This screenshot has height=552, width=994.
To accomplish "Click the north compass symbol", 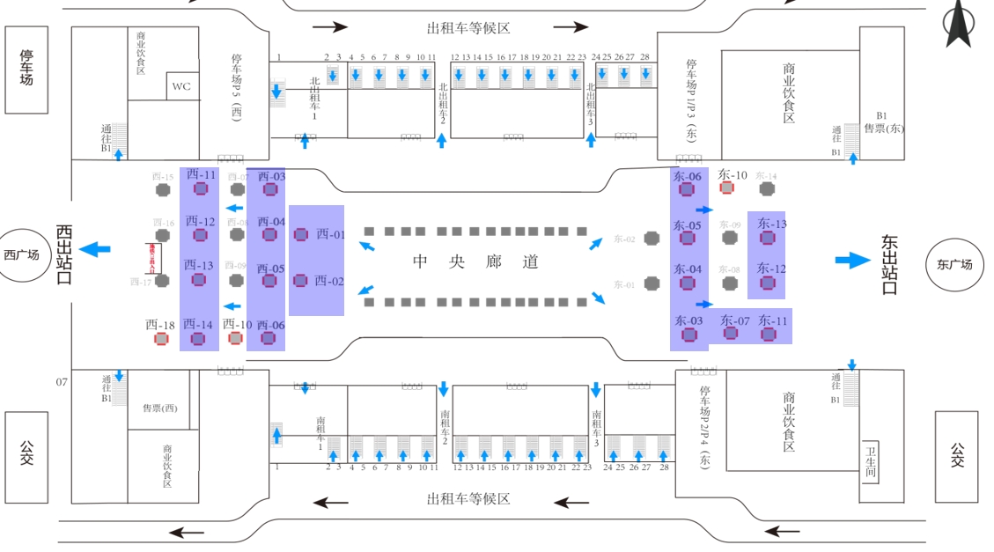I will pos(958,24).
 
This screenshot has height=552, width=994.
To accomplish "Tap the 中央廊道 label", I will pos(475,261).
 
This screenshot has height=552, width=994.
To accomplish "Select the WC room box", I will pos(181,86).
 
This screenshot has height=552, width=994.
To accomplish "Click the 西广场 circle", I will pos(23,255).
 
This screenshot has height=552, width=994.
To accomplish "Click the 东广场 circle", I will pos(954,263).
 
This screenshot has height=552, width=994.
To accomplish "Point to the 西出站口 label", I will pos(64,254).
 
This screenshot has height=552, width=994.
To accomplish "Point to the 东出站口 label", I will pos(889,264).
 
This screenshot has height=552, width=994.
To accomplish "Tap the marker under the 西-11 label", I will pos(200,189).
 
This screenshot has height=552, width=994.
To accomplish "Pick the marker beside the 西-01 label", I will pos(301,234).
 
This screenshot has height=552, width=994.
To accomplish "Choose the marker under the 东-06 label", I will pos(687,189).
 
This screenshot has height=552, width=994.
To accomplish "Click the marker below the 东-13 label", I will pos(767,238).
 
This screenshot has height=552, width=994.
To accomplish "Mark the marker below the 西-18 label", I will pos(161,339).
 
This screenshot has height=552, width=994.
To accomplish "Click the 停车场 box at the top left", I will pos(26,70).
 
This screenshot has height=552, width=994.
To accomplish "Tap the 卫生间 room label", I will pos(870,461).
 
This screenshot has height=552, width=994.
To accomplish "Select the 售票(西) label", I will pos(159,408).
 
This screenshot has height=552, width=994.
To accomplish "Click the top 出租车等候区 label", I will pos(468,28).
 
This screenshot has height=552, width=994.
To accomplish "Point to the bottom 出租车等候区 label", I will pos(468,499).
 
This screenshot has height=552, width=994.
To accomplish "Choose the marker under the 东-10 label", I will pos(726,188).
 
